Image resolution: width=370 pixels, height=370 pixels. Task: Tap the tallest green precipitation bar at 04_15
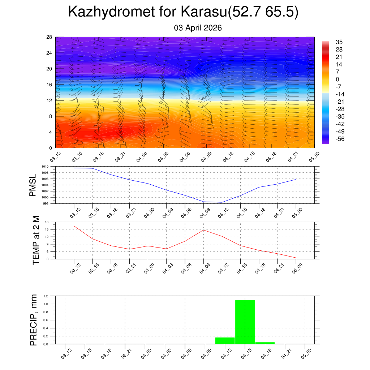click(245, 322)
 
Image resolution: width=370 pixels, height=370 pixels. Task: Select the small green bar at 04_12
click(225, 340)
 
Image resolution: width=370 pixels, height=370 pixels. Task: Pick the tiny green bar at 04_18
click(265, 343)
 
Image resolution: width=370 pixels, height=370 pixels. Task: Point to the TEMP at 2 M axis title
click(36, 241)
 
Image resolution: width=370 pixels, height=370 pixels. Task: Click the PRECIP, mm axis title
click(34, 320)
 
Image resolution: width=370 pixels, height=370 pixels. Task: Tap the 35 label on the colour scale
click(339, 42)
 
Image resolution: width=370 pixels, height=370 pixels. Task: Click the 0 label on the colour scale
click(337, 79)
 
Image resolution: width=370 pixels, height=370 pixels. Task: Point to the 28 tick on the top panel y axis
click(49, 37)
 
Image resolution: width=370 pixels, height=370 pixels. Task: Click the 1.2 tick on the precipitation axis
click(46, 296)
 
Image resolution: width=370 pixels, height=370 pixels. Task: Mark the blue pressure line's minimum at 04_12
click(222, 202)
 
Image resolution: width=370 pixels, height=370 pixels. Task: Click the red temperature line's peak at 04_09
click(203, 230)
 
